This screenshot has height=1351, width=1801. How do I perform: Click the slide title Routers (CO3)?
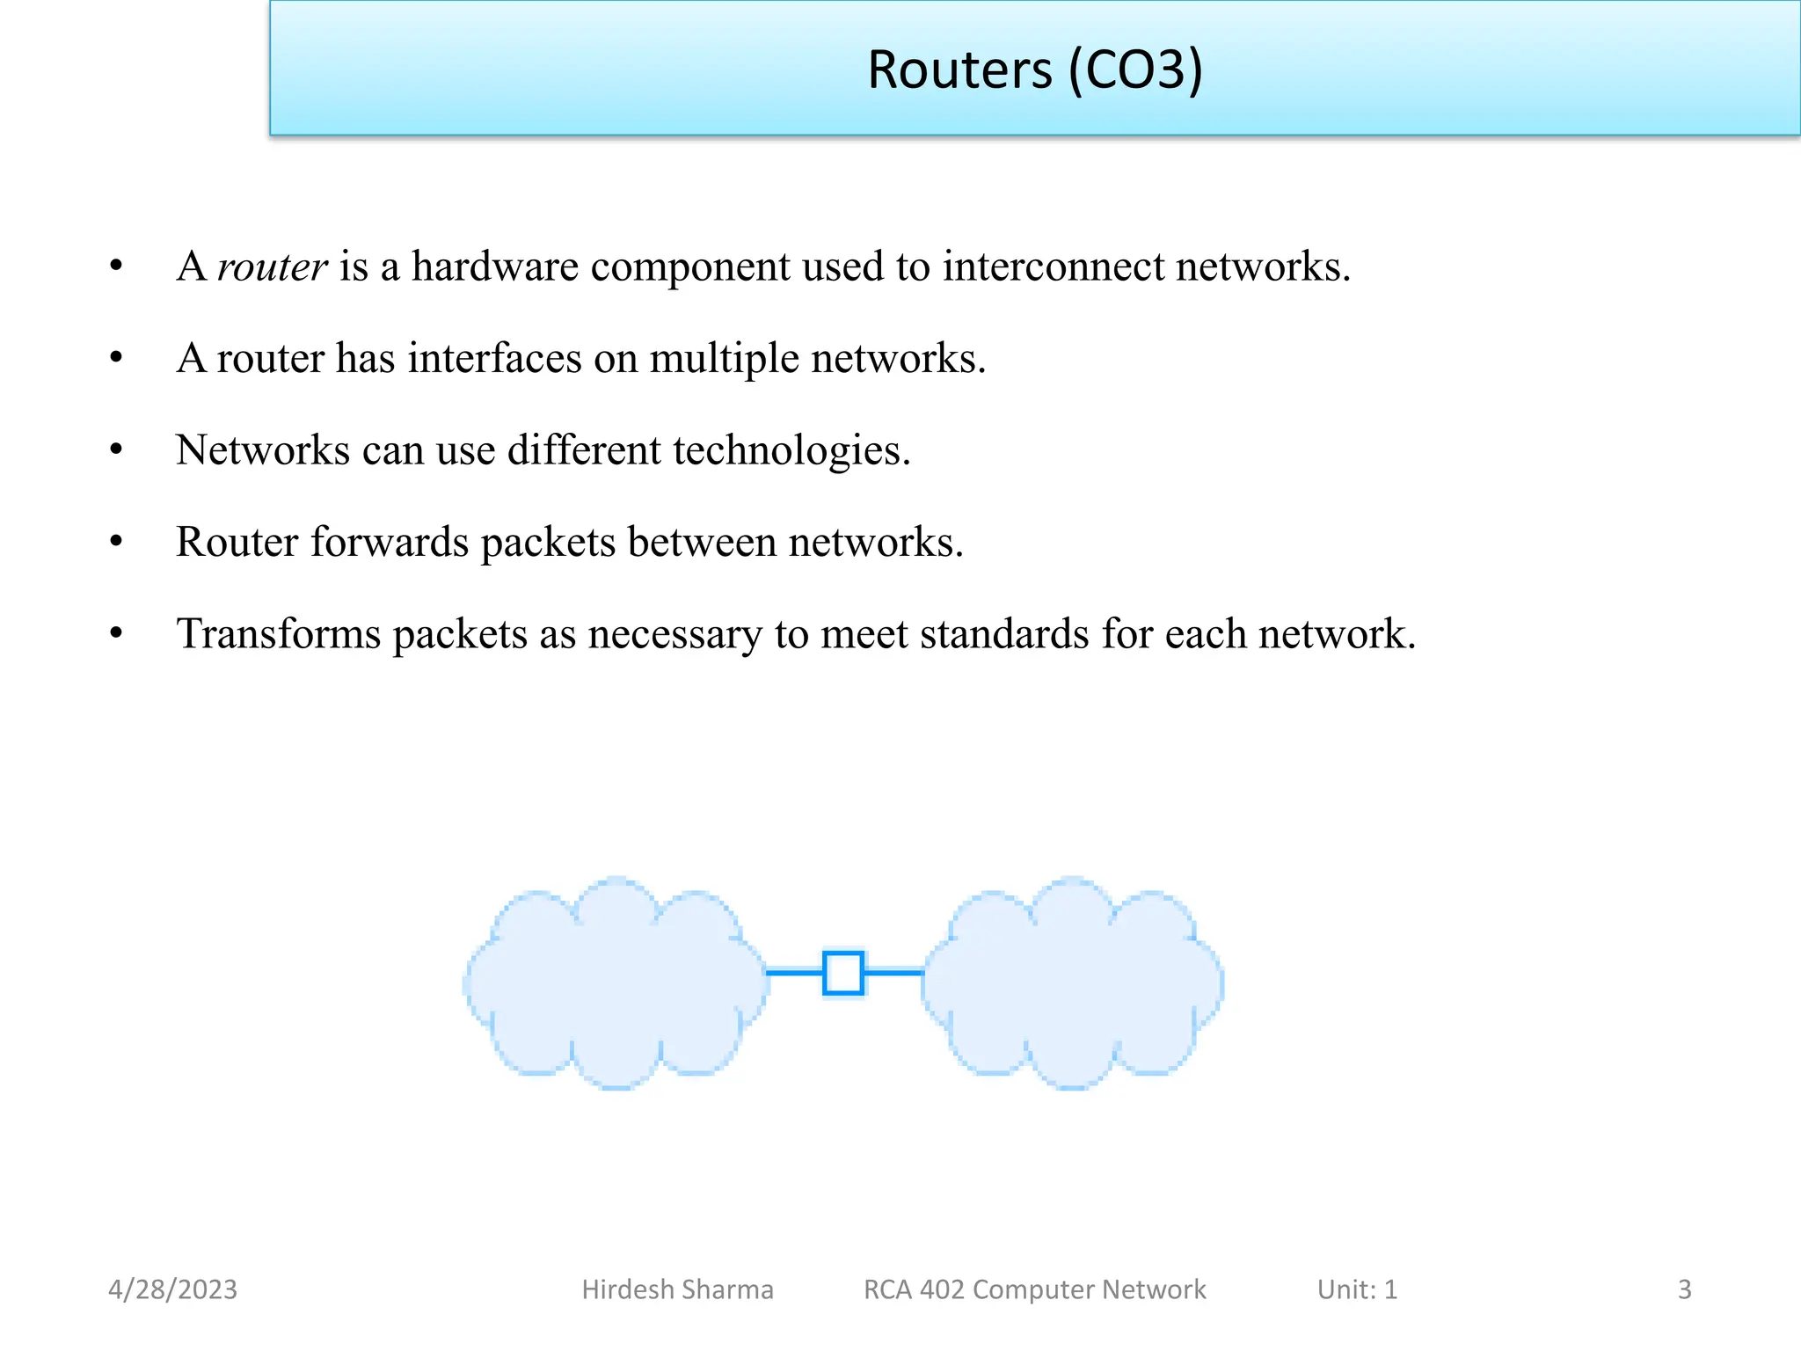point(1034,69)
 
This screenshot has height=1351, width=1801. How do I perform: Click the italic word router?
point(272,267)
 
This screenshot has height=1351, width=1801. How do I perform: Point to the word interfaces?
point(494,359)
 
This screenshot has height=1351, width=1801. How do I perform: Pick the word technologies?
point(791,451)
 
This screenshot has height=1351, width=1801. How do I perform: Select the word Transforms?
point(278,634)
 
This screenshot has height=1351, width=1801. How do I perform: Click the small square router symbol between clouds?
point(843,973)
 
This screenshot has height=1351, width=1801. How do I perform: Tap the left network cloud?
point(616,983)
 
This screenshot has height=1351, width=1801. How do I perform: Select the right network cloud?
point(1073,983)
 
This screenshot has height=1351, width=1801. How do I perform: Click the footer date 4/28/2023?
point(172,1289)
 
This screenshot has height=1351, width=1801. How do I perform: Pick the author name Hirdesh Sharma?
point(677,1289)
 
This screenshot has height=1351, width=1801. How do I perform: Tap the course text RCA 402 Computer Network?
point(1034,1289)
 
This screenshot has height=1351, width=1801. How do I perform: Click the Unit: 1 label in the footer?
point(1357,1289)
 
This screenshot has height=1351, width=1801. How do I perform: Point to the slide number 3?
point(1684,1289)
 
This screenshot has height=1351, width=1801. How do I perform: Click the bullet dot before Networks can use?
point(116,449)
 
